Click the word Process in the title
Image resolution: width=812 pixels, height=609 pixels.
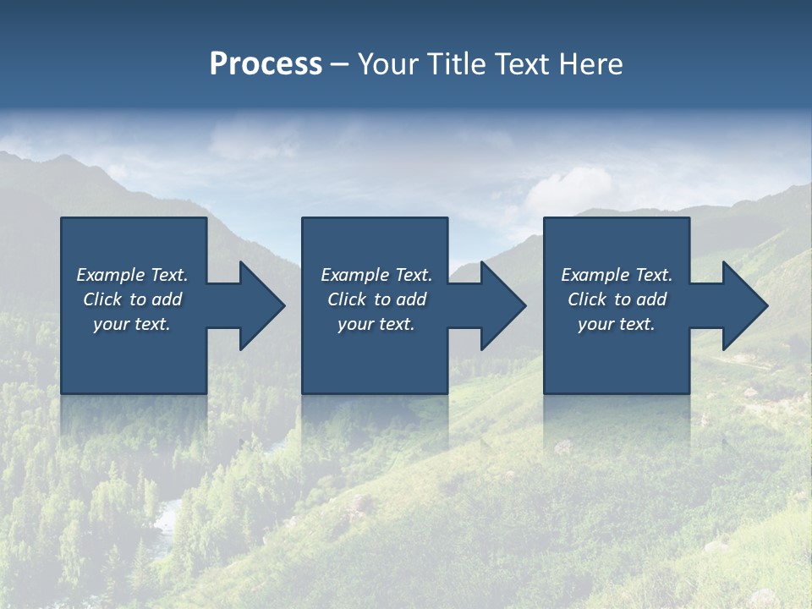tap(266, 64)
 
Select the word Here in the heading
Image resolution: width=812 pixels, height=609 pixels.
tap(591, 64)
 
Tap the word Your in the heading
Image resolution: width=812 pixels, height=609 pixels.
tap(389, 64)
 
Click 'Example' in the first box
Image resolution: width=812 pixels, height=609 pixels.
tap(110, 275)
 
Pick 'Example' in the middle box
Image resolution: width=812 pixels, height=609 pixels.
tap(354, 275)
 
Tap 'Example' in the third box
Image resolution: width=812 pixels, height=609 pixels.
tap(595, 275)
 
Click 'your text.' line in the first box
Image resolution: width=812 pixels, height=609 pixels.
tap(132, 324)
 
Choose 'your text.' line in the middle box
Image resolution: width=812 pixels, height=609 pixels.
tap(376, 324)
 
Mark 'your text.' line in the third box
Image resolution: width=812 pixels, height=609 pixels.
tap(617, 324)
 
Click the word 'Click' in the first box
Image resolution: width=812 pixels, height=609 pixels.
tap(102, 299)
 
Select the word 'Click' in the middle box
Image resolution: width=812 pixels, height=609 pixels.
tap(347, 299)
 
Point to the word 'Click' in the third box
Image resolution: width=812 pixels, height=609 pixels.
tap(587, 299)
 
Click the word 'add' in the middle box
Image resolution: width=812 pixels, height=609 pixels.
tap(411, 299)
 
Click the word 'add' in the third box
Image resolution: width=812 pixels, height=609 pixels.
tap(651, 299)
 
